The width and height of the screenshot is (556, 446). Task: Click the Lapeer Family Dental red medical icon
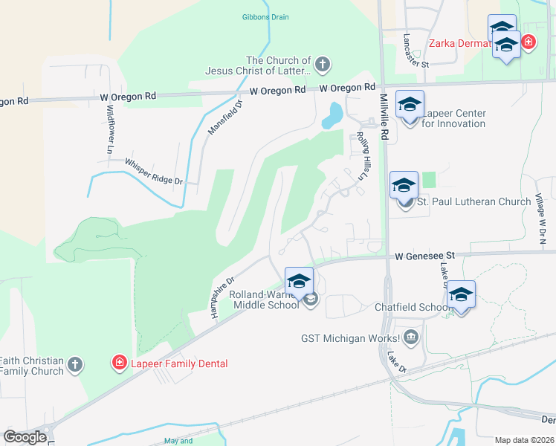119,363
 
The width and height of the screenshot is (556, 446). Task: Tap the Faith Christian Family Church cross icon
74,364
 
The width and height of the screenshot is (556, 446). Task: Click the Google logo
25,437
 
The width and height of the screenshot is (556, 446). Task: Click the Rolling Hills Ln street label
363,154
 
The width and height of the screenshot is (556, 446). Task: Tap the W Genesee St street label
424,256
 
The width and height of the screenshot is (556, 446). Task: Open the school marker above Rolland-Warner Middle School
299,281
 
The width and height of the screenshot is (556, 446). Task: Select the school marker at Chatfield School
461,294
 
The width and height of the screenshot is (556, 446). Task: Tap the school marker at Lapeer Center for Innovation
410,105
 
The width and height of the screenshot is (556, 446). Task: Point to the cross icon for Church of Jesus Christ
323,65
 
